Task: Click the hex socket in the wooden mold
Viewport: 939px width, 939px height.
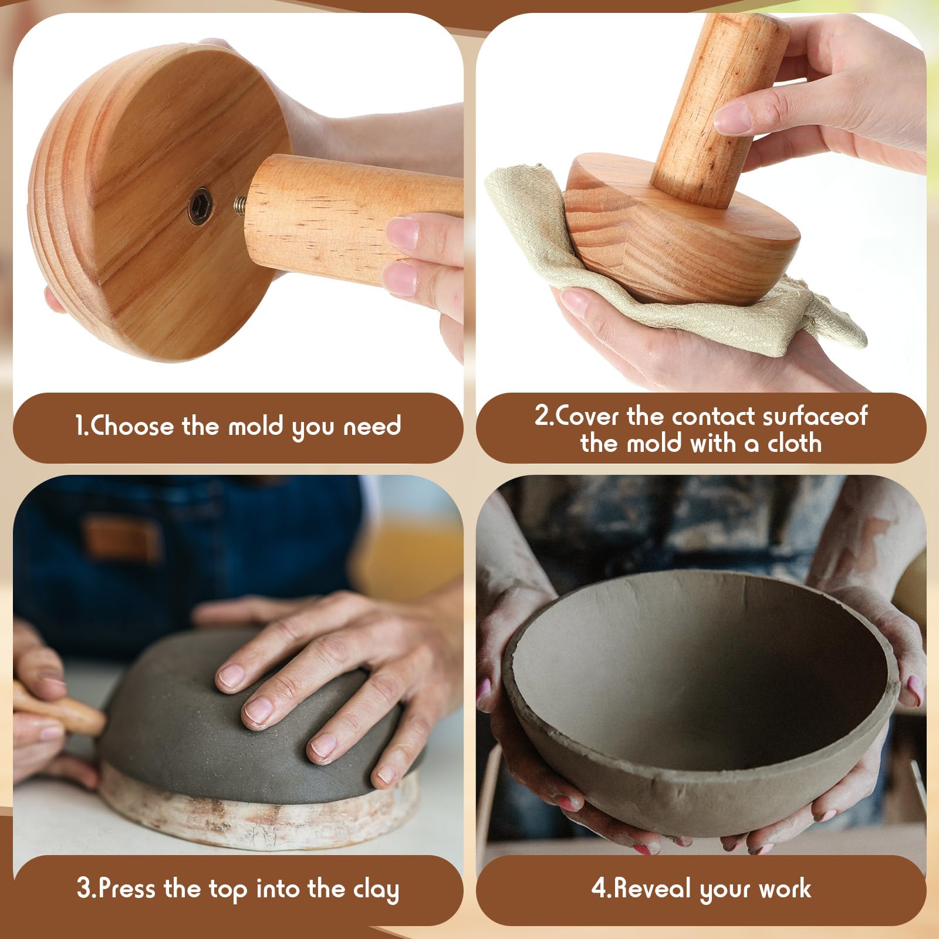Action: pyautogui.click(x=200, y=205)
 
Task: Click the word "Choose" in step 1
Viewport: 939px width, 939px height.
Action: pyautogui.click(x=131, y=425)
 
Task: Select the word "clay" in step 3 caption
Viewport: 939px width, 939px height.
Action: pyautogui.click(x=376, y=890)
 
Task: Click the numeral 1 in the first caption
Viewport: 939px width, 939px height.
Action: pyautogui.click(x=80, y=425)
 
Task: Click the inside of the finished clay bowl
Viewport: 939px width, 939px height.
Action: pyautogui.click(x=698, y=669)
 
